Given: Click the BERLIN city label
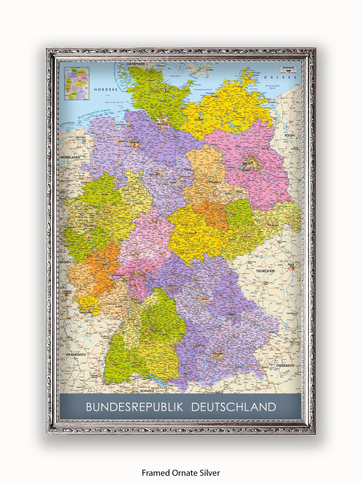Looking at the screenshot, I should point(247,164).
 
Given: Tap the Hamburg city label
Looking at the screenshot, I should point(162,124).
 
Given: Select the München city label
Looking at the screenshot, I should point(218,354).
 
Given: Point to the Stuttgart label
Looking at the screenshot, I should point(156,330).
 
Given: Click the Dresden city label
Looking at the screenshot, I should point(274,225).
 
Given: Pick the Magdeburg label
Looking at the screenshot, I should point(216,182).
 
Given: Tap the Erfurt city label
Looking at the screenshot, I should point(192,233).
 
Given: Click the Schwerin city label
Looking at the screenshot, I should point(199,120).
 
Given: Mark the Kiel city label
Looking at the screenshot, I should point(167,92).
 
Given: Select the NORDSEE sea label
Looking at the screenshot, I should point(105,90).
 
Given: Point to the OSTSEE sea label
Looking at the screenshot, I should point(280,77).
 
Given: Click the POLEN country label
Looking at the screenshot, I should point(289,135).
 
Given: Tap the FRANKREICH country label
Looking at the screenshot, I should point(76,355).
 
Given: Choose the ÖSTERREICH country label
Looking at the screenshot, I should point(285,366).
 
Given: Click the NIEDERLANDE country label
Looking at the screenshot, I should point(70,157).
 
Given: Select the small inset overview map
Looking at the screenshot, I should point(77,83).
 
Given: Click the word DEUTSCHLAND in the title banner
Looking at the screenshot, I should point(233,407).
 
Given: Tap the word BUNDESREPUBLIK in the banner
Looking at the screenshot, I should point(135,407).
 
